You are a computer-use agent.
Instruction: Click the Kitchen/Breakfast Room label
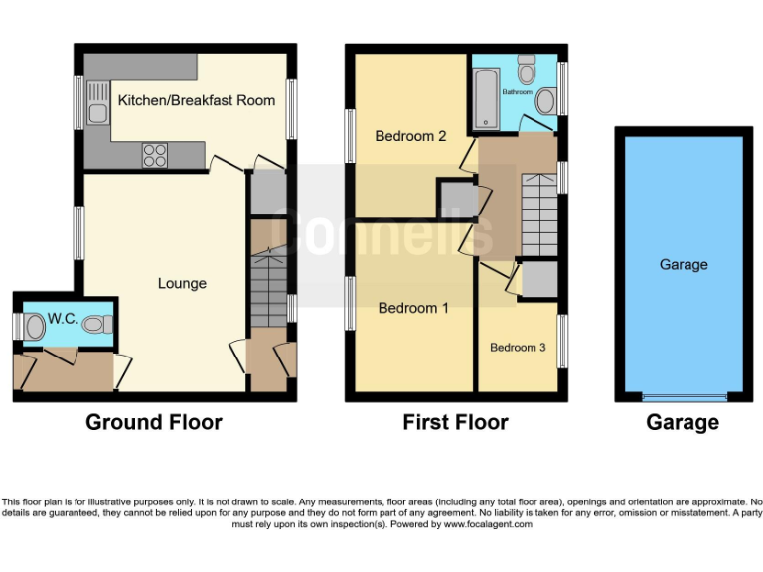(195, 101)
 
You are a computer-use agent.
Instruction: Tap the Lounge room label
(183, 284)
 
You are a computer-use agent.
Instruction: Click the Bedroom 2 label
(410, 136)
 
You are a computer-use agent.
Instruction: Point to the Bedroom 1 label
(413, 309)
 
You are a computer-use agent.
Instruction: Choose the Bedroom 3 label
(518, 348)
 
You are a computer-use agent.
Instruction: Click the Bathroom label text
(517, 92)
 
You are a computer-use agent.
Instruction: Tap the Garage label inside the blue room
(684, 265)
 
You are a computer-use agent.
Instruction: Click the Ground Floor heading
(154, 423)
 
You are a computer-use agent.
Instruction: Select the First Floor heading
(455, 423)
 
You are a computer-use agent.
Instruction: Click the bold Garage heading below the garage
(683, 423)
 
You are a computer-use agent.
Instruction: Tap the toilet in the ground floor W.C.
(95, 324)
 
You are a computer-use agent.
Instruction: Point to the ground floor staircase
(265, 286)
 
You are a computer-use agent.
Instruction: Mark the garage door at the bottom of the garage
(684, 398)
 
